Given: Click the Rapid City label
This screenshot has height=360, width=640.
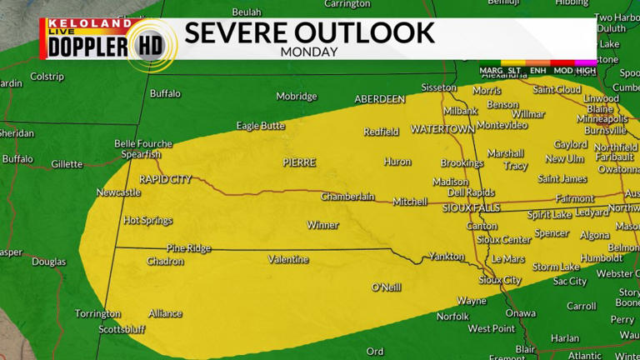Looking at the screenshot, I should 165,179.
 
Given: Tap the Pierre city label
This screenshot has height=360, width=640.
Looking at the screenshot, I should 299,162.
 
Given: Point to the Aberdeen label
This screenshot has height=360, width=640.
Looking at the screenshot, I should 379,99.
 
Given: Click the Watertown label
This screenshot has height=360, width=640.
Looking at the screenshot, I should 442,130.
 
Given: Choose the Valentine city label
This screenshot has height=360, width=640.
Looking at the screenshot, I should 289,260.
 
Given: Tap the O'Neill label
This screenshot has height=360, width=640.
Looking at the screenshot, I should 386,287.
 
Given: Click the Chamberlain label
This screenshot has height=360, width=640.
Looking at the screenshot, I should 348,197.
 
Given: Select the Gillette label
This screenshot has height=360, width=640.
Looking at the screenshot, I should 67,164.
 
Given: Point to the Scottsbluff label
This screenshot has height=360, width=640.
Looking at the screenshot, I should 122,329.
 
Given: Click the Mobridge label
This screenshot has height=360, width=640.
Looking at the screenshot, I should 297,97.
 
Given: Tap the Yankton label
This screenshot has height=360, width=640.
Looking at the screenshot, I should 446,257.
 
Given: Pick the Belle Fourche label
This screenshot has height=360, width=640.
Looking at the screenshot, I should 142,144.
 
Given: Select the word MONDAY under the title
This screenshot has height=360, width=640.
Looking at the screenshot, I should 309,52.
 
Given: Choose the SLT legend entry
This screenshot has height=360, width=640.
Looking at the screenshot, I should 515,70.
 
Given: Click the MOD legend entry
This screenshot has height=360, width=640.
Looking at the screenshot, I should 562,70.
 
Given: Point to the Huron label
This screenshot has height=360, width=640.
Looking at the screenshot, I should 397,162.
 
